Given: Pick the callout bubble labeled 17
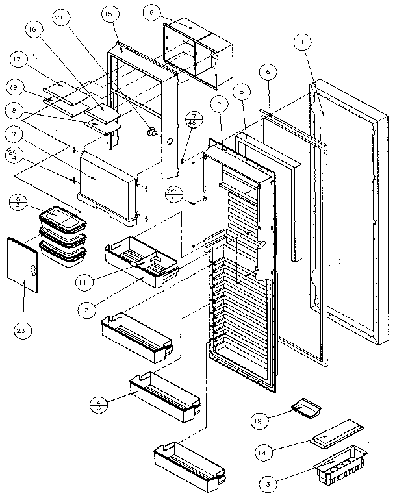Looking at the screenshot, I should [x=18, y=60].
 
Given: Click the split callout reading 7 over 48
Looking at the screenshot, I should [x=191, y=118].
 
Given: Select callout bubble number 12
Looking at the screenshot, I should [x=260, y=421].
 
